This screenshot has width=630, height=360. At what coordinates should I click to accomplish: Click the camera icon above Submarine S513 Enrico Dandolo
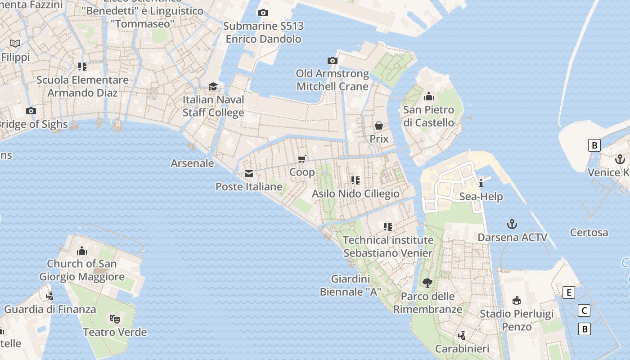click(263, 13)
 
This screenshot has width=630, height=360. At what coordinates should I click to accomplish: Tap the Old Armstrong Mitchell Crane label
click(333, 80)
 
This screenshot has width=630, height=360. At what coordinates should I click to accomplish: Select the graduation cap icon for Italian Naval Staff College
click(213, 86)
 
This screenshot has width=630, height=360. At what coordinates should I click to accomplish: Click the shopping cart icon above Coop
click(302, 159)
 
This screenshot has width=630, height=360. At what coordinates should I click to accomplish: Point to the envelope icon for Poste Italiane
click(248, 174)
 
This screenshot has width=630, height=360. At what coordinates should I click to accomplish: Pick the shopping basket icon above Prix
click(379, 126)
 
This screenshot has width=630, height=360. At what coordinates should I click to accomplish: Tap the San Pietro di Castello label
click(428, 116)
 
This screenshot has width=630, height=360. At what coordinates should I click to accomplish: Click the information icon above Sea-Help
click(481, 183)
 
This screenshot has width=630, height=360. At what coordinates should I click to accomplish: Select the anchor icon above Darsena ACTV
click(512, 224)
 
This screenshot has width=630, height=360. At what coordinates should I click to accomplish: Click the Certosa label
click(589, 233)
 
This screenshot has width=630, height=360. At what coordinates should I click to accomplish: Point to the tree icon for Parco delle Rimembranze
click(427, 283)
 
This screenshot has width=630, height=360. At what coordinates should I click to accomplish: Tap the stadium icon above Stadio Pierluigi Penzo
click(517, 300)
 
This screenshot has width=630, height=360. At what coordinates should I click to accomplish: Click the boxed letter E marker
click(569, 292)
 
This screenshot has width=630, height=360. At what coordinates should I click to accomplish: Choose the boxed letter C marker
click(584, 310)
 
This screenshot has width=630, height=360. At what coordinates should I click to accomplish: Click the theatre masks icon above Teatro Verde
click(115, 319)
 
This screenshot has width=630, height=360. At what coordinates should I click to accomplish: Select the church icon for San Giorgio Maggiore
click(82, 250)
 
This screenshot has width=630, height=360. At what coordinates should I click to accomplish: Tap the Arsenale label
click(192, 163)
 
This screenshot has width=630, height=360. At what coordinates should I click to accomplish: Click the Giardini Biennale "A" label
click(351, 285)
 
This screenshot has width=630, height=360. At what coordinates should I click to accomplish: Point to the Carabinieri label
click(462, 349)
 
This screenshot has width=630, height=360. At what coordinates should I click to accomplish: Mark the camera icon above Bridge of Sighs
click(31, 111)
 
